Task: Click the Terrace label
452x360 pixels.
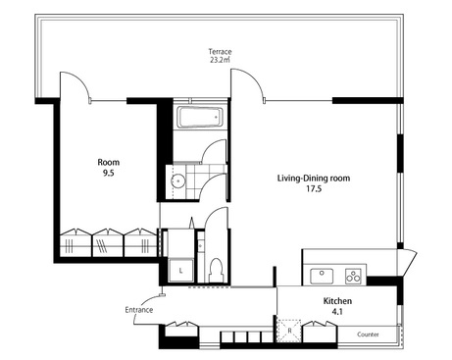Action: coord(221,51)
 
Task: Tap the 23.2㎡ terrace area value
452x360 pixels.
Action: coord(221,59)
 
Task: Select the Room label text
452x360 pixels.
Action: coord(109,162)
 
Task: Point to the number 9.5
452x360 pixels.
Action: coord(109,173)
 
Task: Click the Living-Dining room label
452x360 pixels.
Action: coord(314,179)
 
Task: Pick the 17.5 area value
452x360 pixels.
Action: coord(314,188)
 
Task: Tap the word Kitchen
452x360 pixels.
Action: coord(337,301)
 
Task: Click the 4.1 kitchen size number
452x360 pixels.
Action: coord(337,312)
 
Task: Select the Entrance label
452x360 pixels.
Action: coord(139,310)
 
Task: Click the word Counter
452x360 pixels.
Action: coord(368,334)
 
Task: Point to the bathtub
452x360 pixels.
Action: coord(200,118)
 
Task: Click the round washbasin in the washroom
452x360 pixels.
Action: coord(178,180)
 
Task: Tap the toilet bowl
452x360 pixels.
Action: coord(215,270)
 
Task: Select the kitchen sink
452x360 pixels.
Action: coord(322,277)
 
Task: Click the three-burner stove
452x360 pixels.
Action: coord(353,277)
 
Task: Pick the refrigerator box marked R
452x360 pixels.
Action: coord(289,331)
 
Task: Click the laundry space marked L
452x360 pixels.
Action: coord(180,270)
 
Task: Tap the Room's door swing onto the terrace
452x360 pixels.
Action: coord(75,85)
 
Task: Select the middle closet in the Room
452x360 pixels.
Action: coord(107,242)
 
